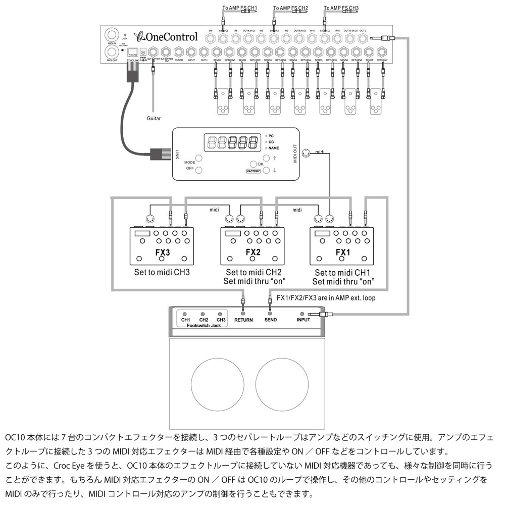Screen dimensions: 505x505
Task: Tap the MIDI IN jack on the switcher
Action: click(111, 36)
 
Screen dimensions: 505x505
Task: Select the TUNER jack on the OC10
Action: click(178, 53)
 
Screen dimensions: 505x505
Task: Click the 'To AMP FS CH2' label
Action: click(290, 9)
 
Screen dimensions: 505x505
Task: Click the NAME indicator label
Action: click(274, 148)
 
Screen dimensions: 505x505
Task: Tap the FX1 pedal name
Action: click(341, 251)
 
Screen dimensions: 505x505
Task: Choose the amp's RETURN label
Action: click(244, 320)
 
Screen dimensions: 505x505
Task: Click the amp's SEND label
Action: click(270, 320)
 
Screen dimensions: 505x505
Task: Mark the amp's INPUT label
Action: click(304, 320)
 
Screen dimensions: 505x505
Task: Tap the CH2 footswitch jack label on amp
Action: click(204, 320)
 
